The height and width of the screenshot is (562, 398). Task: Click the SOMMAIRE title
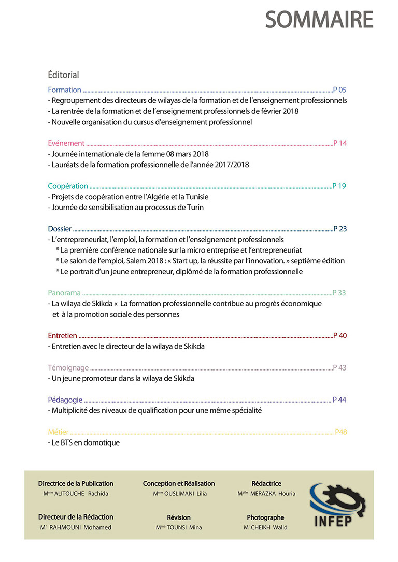point(319,20)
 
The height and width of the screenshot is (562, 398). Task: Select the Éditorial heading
point(63,75)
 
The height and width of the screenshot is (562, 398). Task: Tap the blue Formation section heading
point(64,90)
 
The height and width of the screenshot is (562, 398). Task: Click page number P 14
point(340,143)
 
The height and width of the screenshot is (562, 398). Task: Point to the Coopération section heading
point(68,186)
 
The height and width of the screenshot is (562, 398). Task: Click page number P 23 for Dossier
point(340,229)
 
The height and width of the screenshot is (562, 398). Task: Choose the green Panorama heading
point(64,293)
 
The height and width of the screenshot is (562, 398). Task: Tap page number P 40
point(340,335)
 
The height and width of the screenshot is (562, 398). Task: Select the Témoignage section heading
point(68,368)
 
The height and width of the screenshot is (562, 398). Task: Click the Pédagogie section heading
point(65,400)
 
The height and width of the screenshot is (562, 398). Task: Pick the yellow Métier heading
point(58,432)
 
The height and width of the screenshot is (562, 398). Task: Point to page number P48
point(341,432)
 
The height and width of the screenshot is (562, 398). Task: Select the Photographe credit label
point(265,517)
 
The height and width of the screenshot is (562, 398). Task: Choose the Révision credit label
point(179,517)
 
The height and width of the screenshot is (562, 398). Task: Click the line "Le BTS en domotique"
point(85,443)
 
